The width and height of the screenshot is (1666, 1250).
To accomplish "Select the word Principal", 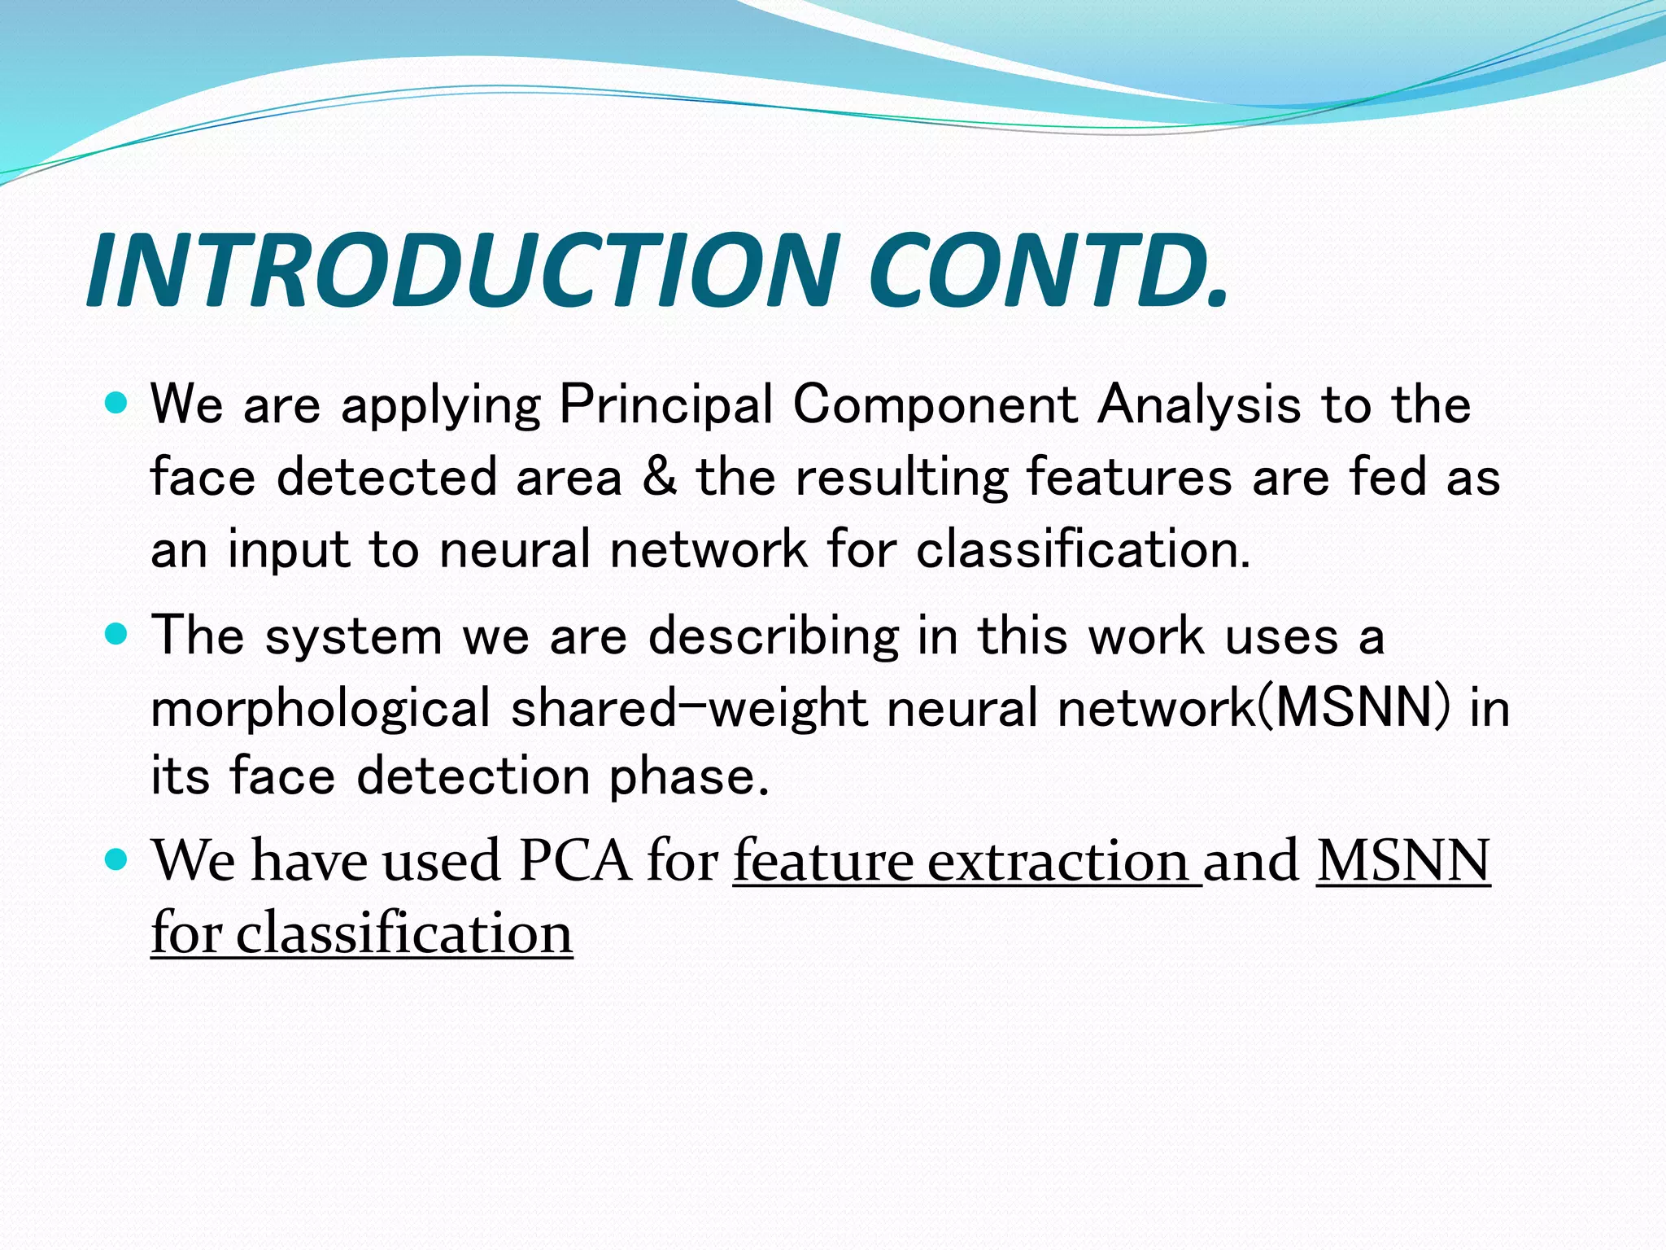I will pos(665,404).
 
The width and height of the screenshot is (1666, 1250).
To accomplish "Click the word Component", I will pos(935,404).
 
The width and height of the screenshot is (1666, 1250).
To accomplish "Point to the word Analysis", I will pos(1198,404).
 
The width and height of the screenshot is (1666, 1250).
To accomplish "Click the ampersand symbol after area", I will pos(658,477).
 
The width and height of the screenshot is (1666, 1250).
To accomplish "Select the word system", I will pos(354,636).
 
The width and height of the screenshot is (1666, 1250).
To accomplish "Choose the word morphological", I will pos(321,708).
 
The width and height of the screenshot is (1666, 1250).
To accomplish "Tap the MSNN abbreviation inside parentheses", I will pos(1354,708).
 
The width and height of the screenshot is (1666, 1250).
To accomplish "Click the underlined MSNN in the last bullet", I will pos(1403,861).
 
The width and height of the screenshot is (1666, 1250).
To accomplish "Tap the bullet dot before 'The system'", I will pos(117,634).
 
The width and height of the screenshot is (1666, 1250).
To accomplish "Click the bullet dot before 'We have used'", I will pos(117,859).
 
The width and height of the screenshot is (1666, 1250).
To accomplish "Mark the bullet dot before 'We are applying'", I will pos(117,402).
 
